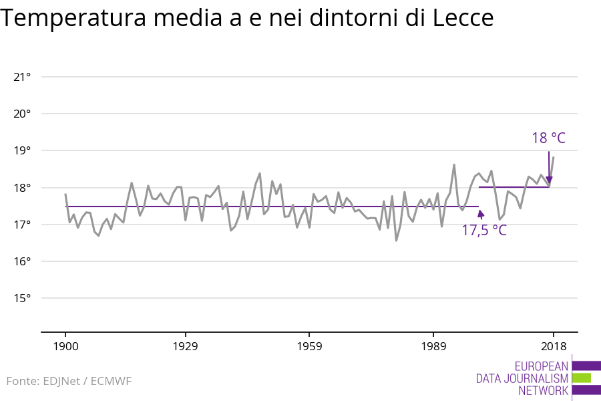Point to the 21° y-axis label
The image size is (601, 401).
coord(22,77)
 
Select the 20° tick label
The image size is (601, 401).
coord(22,114)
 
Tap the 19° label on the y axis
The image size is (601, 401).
coord(22,150)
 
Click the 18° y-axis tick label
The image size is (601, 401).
coord(22,188)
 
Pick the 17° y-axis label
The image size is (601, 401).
coord(22,225)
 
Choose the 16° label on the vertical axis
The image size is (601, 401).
coord(22,261)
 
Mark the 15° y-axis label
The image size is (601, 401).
coord(22,298)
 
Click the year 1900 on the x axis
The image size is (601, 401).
coord(65,346)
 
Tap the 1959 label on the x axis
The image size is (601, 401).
coord(309,346)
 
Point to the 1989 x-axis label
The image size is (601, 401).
coord(433,346)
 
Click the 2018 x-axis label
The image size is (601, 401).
coord(553,346)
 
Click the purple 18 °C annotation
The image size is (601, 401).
coord(548,138)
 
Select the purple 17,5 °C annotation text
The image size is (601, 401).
coord(484,231)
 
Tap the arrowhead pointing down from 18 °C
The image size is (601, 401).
coord(549,180)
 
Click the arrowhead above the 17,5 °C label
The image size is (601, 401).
coord(481,214)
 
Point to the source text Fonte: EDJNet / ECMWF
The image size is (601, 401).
coord(69,381)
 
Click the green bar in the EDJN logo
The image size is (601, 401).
coord(581,378)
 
